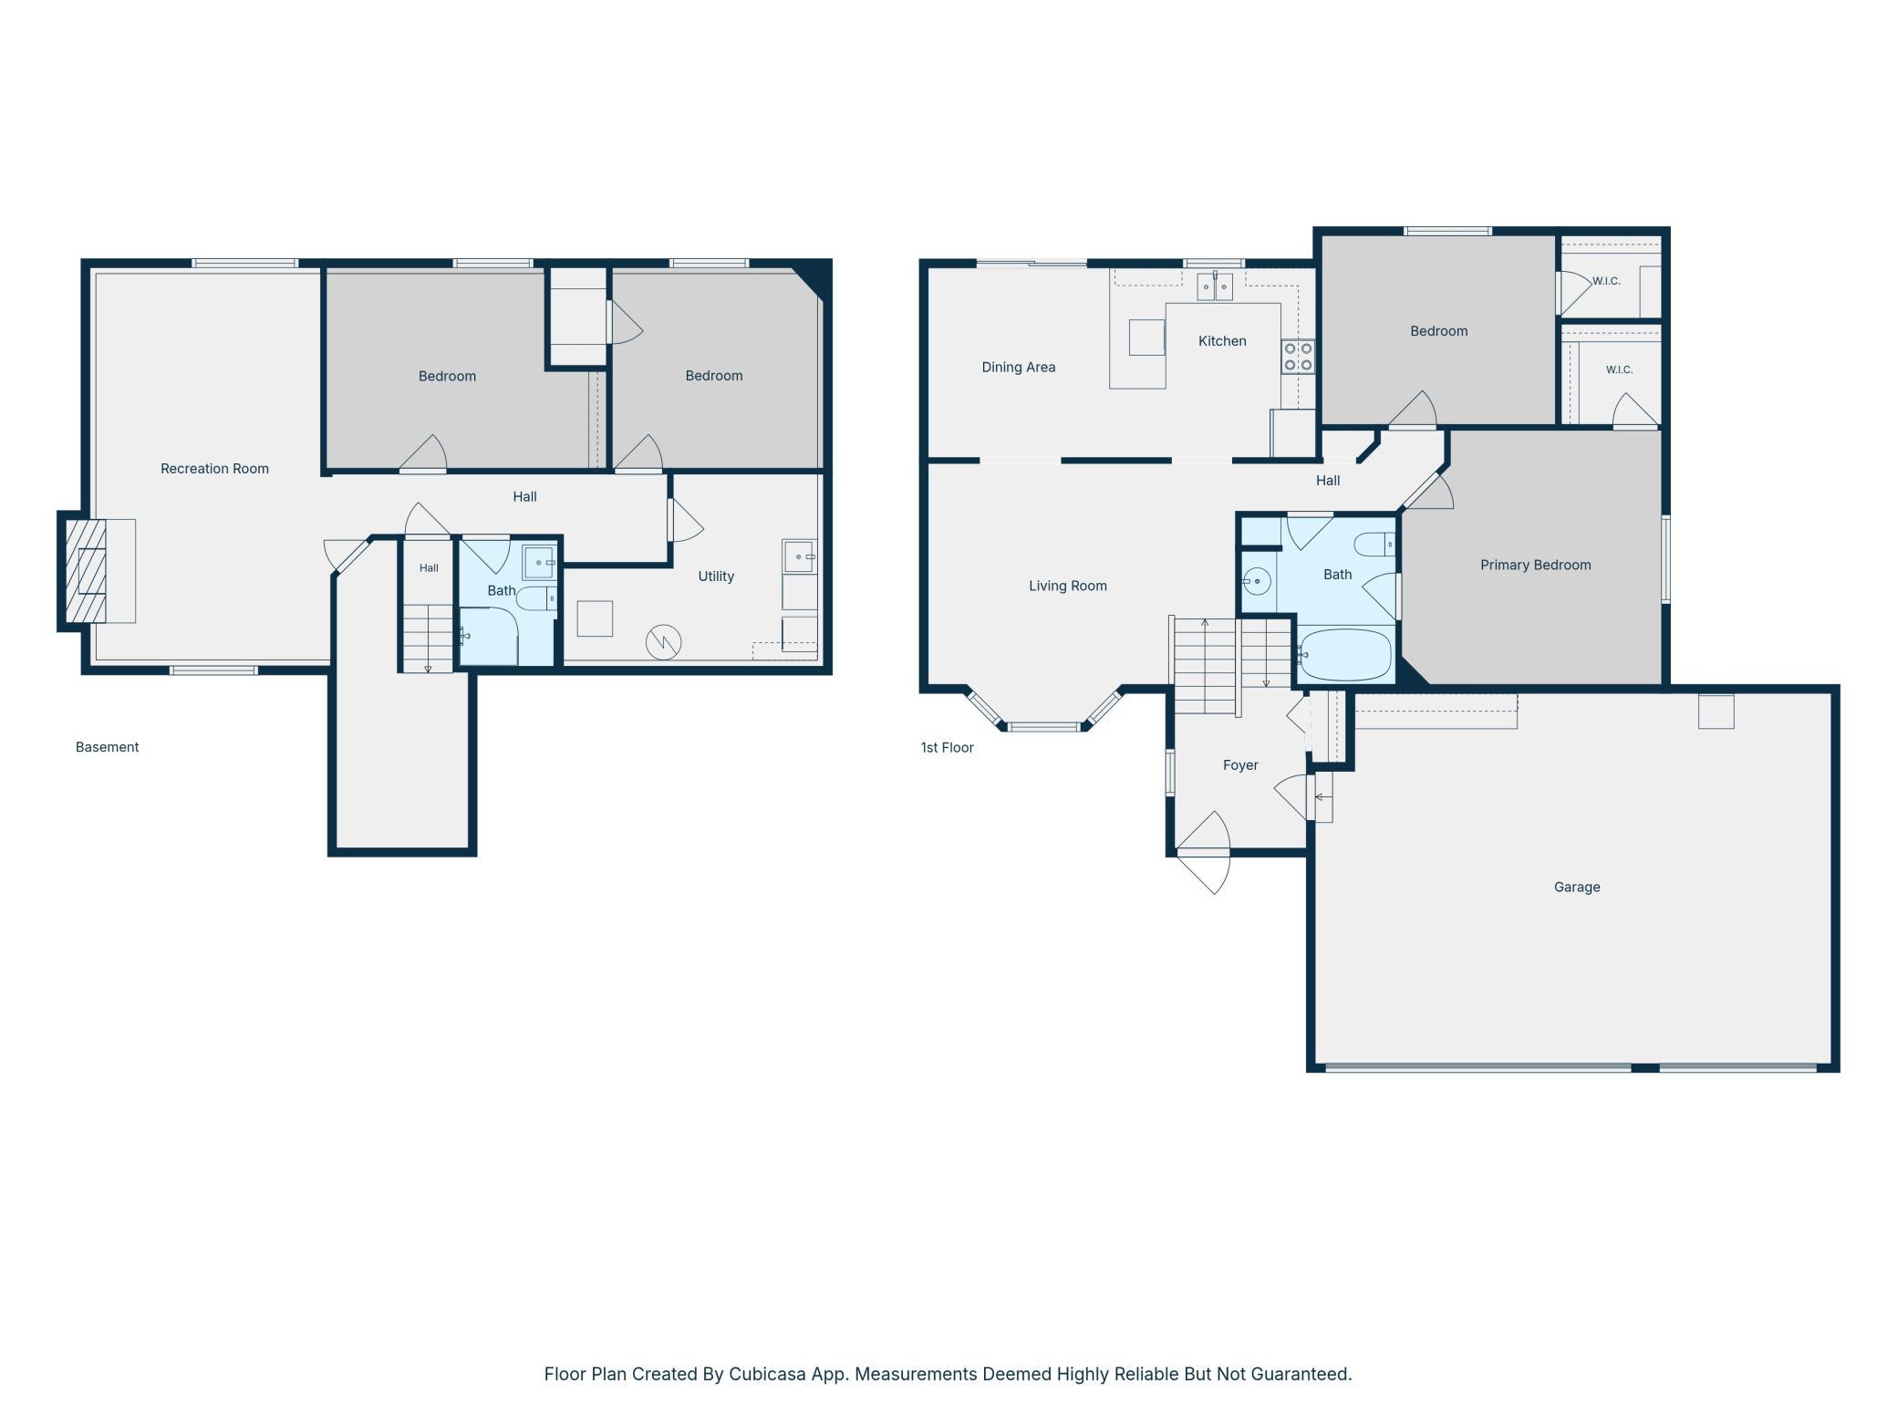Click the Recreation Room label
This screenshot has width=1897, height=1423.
pyautogui.click(x=214, y=469)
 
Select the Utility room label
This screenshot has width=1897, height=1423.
pyautogui.click(x=716, y=576)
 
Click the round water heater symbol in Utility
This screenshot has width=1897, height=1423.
pyautogui.click(x=663, y=642)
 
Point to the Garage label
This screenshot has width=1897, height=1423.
pyautogui.click(x=1577, y=887)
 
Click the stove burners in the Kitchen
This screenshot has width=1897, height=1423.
pyautogui.click(x=1298, y=357)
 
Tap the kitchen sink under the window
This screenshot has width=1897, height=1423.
pyautogui.click(x=1215, y=286)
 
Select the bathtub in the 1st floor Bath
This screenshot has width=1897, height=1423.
pyautogui.click(x=1345, y=655)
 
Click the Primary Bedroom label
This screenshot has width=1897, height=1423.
pyautogui.click(x=1535, y=566)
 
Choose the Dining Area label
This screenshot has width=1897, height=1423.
pyautogui.click(x=1019, y=368)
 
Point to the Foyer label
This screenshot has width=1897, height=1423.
pyautogui.click(x=1240, y=765)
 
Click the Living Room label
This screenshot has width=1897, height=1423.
pyautogui.click(x=1068, y=586)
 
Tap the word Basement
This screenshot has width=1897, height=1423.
pyautogui.click(x=107, y=747)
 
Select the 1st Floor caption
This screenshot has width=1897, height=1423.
pyautogui.click(x=947, y=748)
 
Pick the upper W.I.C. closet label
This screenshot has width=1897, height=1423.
pyautogui.click(x=1606, y=281)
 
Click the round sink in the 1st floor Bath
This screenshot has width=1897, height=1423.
pyautogui.click(x=1258, y=580)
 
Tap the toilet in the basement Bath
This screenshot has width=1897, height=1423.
pyautogui.click(x=536, y=597)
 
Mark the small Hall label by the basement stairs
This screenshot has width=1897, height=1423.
pyautogui.click(x=429, y=568)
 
